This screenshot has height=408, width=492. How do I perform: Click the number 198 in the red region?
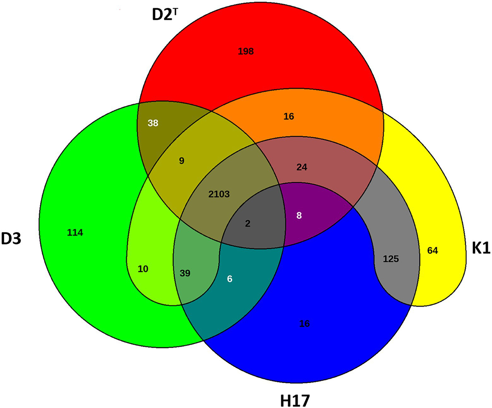pyautogui.click(x=246, y=51)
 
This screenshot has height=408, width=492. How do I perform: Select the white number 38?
pyautogui.click(x=153, y=123)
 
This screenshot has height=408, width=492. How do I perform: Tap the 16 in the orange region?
pyautogui.click(x=288, y=116)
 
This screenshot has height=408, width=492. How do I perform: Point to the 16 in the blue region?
pyautogui.click(x=304, y=324)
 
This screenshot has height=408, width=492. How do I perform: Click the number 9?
pyautogui.click(x=182, y=161)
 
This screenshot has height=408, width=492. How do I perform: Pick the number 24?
pyautogui.click(x=302, y=167)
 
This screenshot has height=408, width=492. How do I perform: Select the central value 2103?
pyautogui.click(x=219, y=194)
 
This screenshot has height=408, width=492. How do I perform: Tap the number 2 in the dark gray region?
pyautogui.click(x=247, y=224)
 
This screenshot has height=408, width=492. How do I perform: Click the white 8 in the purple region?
pyautogui.click(x=299, y=216)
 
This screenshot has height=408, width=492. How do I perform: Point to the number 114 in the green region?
pyautogui.click(x=75, y=233)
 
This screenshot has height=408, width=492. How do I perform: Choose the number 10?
pyautogui.click(x=143, y=269)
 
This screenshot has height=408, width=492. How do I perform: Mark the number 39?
pyautogui.click(x=185, y=273)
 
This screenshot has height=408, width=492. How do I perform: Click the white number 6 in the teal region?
pyautogui.click(x=229, y=279)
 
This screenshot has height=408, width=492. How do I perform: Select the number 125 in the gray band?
pyautogui.click(x=391, y=259)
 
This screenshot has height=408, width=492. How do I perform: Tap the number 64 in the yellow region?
pyautogui.click(x=432, y=251)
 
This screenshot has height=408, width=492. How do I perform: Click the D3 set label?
pyautogui.click(x=11, y=239)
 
